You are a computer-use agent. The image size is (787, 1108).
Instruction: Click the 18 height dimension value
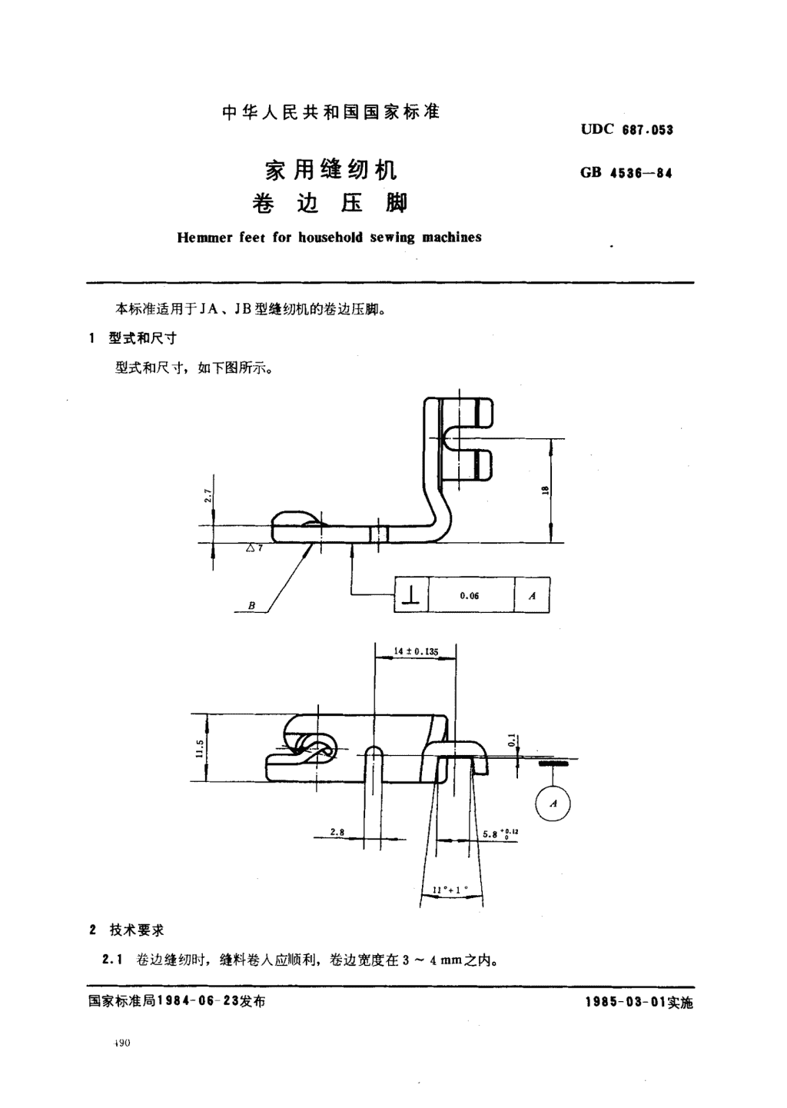tap(546, 491)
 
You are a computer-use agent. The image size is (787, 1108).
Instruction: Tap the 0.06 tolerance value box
tap(471, 595)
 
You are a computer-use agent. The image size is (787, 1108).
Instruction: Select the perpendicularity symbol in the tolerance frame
tap(411, 596)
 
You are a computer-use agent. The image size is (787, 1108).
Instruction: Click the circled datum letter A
tap(553, 803)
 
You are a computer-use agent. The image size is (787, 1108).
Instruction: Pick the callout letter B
tap(251, 605)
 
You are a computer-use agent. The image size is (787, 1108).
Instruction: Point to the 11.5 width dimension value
tap(199, 748)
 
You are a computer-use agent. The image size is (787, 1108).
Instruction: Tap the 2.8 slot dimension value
tap(337, 832)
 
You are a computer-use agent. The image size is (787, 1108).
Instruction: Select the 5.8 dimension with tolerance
tap(500, 833)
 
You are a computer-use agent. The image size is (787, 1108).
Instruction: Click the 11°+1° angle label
tap(450, 890)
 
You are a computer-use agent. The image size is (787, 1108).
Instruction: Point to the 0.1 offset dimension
tap(512, 740)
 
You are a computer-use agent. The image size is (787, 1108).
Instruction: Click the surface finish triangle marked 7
tap(254, 548)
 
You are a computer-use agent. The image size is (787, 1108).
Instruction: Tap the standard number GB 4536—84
tap(626, 173)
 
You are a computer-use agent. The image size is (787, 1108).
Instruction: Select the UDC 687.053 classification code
tap(627, 130)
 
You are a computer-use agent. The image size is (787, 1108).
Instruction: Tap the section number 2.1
tap(111, 960)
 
